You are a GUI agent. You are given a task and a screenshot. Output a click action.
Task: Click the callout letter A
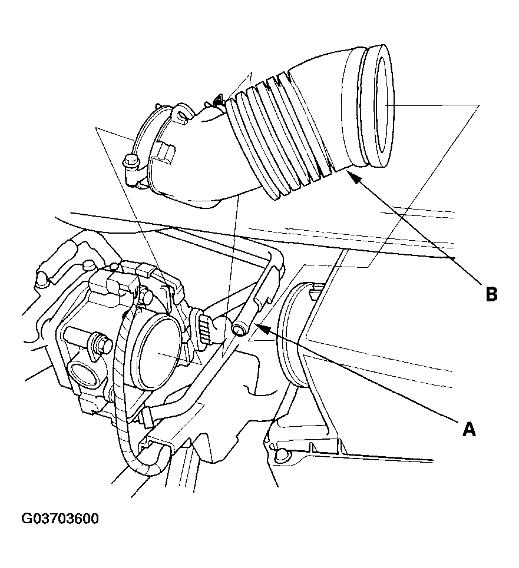point(468,429)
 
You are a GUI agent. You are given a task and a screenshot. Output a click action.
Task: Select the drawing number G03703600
point(60,519)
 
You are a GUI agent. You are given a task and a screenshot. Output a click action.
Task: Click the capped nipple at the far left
point(42,275)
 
